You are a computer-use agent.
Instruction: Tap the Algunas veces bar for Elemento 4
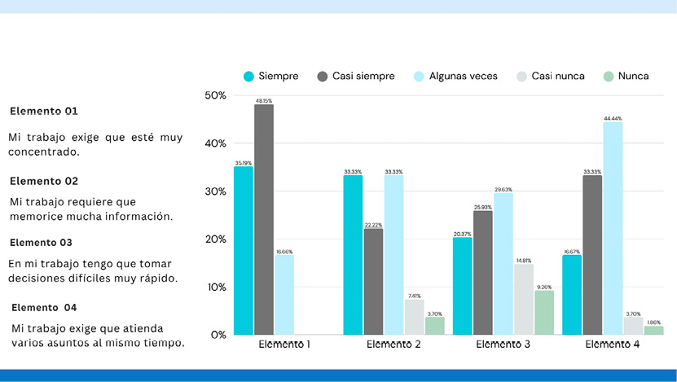(x=613, y=229)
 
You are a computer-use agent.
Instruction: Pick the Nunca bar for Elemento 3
(x=543, y=313)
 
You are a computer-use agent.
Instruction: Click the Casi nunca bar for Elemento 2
(x=414, y=318)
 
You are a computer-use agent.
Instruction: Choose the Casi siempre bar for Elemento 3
(x=482, y=273)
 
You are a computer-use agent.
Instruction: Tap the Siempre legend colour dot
(x=249, y=77)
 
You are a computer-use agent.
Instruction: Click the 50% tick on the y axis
(x=216, y=95)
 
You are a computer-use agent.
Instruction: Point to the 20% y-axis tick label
(x=216, y=239)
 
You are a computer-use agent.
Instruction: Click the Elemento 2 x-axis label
(x=393, y=345)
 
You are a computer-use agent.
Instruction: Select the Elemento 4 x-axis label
(x=613, y=345)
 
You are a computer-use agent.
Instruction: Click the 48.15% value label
(x=264, y=101)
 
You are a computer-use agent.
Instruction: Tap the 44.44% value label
(x=613, y=119)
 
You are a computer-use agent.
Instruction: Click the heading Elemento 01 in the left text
(x=44, y=111)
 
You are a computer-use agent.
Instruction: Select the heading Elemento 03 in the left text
(x=42, y=243)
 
